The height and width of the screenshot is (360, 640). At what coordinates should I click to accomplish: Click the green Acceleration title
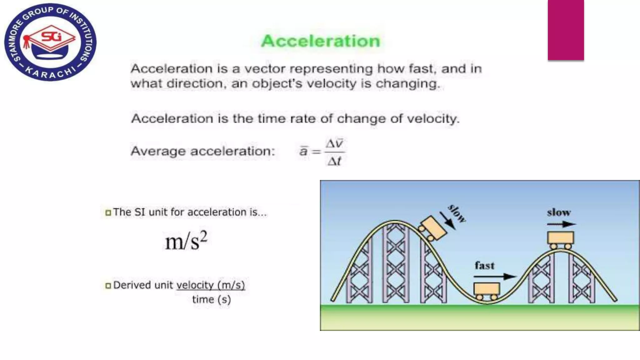[x=321, y=41]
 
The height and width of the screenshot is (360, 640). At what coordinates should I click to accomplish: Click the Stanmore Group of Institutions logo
[x=50, y=42]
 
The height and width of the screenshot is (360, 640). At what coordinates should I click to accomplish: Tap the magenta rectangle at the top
[x=566, y=30]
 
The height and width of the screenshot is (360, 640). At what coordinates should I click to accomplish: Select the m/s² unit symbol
[x=186, y=241]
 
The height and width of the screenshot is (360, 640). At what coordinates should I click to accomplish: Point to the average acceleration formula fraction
[x=334, y=152]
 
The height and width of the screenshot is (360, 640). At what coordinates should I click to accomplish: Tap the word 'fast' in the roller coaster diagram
[x=485, y=266]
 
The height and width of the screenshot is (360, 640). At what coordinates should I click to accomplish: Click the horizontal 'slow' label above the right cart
[x=559, y=212]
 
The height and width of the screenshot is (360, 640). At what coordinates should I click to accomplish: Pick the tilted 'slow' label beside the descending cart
[x=457, y=213]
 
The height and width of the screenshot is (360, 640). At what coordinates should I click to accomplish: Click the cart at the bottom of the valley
[x=487, y=291]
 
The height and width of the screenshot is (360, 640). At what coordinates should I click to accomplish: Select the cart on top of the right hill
[x=560, y=240]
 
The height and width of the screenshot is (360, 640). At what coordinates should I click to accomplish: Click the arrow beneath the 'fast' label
[x=495, y=277]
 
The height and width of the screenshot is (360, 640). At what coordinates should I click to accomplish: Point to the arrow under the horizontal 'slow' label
[x=561, y=224]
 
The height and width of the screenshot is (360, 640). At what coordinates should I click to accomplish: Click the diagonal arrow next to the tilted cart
[x=447, y=221]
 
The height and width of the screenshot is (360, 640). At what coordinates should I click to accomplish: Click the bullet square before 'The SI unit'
[x=108, y=213]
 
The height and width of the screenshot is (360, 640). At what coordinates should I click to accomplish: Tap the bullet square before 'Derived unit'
[x=108, y=286]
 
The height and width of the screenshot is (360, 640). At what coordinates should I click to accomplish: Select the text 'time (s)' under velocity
[x=211, y=299]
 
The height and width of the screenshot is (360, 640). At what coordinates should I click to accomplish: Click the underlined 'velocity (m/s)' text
[x=210, y=285]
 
